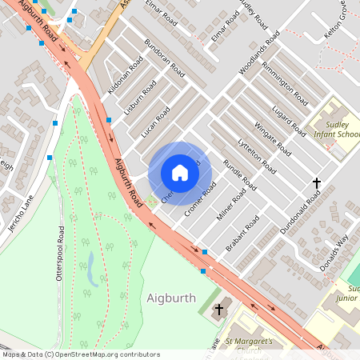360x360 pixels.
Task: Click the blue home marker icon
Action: click(180, 173)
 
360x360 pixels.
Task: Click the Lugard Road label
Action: click(287, 118)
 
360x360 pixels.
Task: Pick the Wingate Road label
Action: click(273, 136)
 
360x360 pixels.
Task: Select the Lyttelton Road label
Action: click(257, 155)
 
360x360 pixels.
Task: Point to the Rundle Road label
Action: click(239, 176)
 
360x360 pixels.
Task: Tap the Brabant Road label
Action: click(242, 234)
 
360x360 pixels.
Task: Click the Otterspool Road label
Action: click(59, 255)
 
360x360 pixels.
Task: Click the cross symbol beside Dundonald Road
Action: click(316, 184)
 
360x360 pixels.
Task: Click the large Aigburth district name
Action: click(171, 298)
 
